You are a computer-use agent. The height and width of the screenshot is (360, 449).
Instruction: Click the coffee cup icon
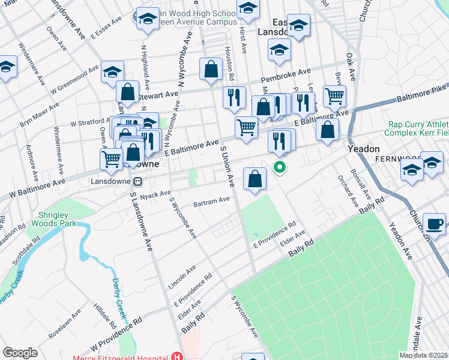435,224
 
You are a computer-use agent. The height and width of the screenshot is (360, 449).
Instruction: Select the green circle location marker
279,167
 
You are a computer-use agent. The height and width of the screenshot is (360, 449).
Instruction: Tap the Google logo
20,352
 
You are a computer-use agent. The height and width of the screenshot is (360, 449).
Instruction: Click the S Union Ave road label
227,166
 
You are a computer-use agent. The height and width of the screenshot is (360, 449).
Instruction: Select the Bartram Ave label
211,201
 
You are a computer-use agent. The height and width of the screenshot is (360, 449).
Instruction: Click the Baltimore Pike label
426,94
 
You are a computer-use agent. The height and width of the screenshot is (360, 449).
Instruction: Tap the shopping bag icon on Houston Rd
212,69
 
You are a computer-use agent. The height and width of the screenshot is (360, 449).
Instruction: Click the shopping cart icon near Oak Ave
334,95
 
